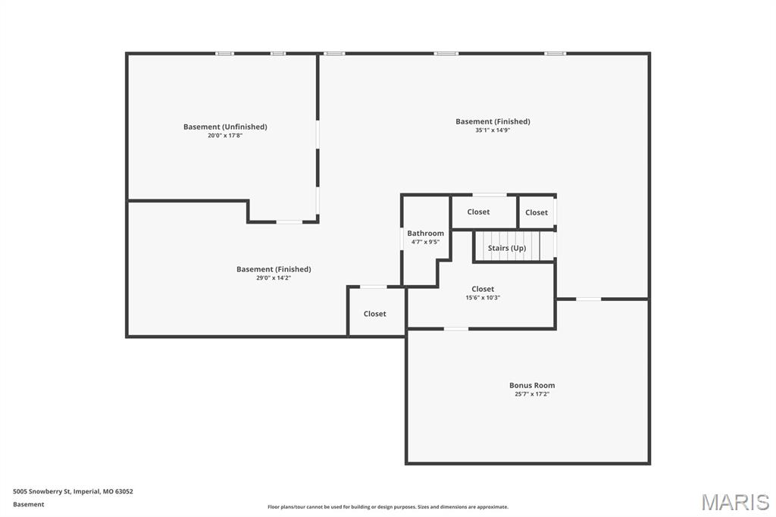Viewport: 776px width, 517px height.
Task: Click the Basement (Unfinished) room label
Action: coord(225,127)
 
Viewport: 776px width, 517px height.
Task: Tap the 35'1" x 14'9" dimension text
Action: coord(493,130)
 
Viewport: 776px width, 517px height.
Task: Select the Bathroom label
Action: coord(426,233)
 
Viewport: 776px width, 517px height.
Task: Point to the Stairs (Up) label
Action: coord(507,248)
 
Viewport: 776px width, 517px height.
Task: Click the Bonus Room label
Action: coord(532,385)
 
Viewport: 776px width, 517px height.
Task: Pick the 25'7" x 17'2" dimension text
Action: coord(532,394)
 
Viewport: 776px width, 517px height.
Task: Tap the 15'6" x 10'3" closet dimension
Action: coord(483,298)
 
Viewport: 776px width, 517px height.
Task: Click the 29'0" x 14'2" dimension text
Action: coord(273,277)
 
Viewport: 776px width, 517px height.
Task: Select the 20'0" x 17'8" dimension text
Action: coord(225,135)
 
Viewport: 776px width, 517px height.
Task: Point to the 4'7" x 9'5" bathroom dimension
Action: coord(426,242)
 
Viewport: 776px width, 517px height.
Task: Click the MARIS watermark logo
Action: coord(735,502)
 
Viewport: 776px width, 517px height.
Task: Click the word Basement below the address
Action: coord(29,504)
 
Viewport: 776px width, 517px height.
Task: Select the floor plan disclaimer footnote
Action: coord(388,506)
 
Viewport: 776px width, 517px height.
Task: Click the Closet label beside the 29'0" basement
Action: coord(374,314)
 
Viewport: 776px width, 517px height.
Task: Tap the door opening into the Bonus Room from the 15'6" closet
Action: coord(455,328)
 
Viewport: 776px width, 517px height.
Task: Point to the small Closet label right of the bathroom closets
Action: coord(537,212)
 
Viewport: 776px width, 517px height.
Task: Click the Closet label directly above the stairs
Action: coord(479,212)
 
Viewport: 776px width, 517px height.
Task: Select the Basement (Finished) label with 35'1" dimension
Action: coord(493,121)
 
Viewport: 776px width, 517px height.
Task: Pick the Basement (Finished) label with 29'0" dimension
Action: coord(274,269)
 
